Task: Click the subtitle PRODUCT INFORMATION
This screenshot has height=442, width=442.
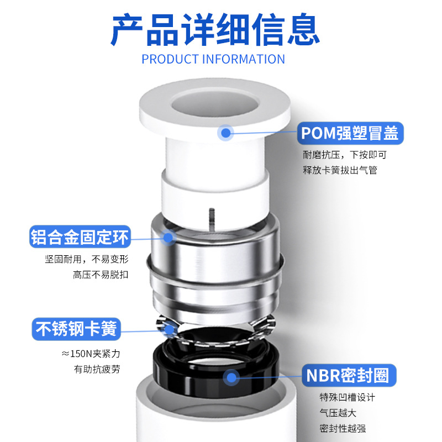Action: [213, 59]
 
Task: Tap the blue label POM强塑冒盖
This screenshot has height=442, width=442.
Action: [350, 133]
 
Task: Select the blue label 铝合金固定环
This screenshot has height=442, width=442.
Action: [80, 238]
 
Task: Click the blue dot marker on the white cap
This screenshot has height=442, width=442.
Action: [225, 133]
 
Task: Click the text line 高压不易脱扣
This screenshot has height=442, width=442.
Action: [101, 274]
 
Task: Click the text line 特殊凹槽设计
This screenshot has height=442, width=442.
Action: [348, 398]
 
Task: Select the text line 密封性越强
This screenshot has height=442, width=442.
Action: [343, 428]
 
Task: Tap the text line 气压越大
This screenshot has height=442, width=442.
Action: [338, 413]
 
